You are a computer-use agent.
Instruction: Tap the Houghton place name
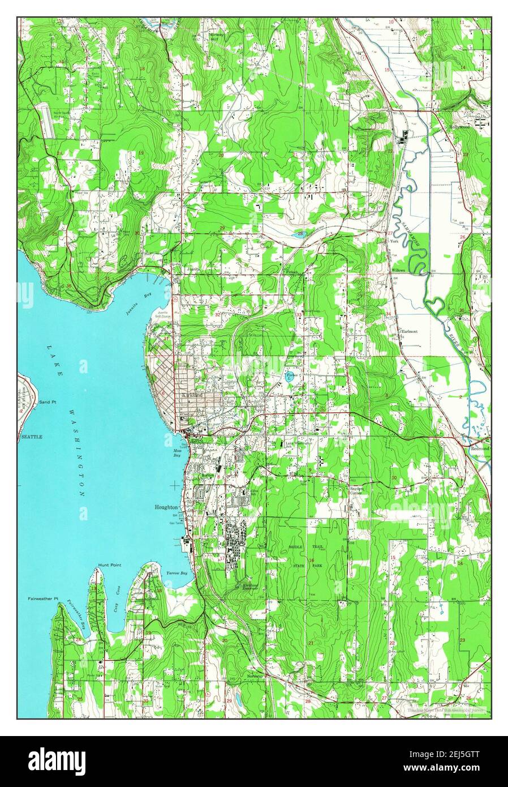pos(166,508)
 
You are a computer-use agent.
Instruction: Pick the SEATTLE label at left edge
pos(32,437)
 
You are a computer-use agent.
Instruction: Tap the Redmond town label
pos(479,447)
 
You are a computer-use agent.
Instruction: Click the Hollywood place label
pos(460,127)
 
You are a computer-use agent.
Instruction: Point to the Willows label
pos(399,271)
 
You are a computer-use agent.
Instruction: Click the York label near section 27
pos(394,241)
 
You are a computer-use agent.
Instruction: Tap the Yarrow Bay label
pos(176,574)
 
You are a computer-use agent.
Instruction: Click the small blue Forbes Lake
pos(290,377)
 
